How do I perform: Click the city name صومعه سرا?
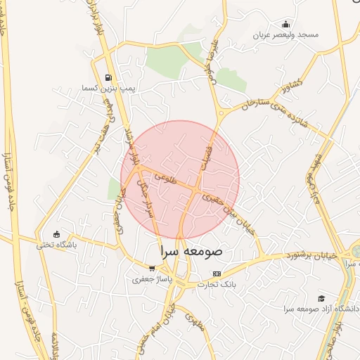[191, 250]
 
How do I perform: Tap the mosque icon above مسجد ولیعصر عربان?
[285, 24]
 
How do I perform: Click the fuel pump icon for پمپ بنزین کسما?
[108, 77]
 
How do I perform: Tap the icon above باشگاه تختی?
[57, 235]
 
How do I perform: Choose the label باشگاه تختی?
[57, 245]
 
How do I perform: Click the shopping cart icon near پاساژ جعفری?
[152, 268]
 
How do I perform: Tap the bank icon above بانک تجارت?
[217, 274]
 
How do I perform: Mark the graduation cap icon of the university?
[321, 299]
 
